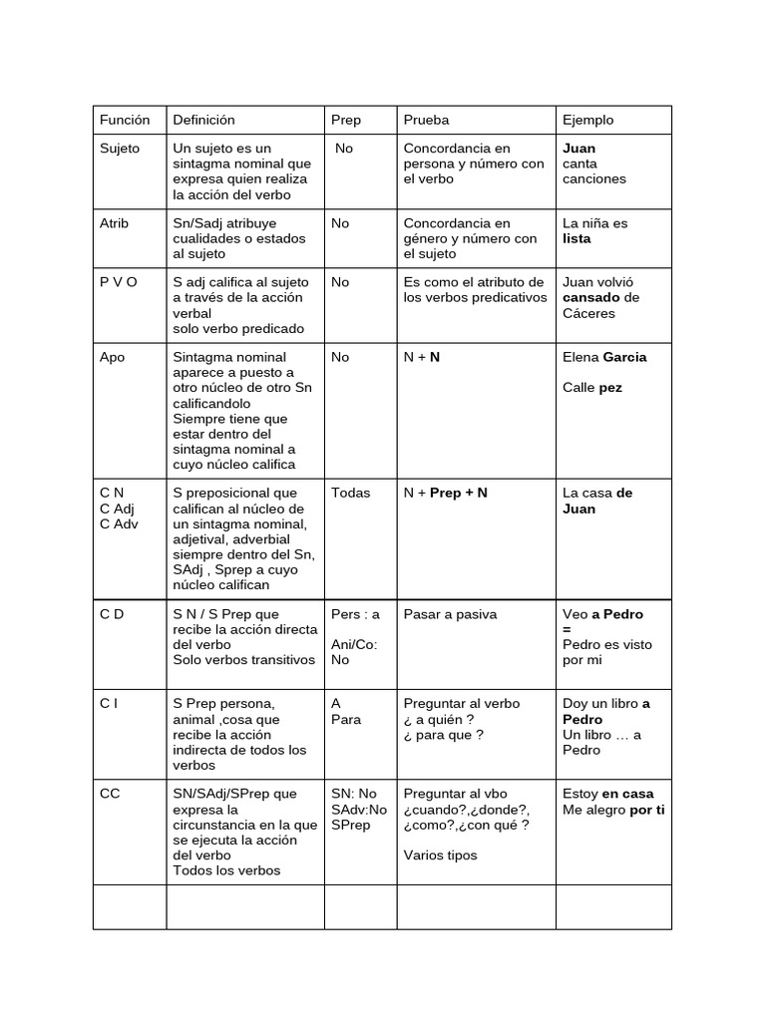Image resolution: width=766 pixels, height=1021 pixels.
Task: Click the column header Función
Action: tap(125, 120)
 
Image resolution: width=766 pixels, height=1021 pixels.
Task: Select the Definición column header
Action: tap(203, 120)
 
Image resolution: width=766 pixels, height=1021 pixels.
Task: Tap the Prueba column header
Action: tap(426, 120)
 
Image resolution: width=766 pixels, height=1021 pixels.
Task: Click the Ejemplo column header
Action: tap(588, 120)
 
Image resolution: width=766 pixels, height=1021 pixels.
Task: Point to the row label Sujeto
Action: tap(120, 149)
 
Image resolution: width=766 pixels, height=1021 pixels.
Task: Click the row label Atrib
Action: tap(115, 223)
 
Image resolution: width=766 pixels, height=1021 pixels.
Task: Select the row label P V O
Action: tap(119, 282)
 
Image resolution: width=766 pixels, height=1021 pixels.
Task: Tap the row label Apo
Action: tap(113, 357)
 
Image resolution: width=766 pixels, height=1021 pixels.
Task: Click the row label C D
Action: tap(112, 614)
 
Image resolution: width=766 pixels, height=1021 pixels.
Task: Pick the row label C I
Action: tap(109, 704)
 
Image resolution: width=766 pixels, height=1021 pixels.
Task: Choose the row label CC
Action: tap(110, 794)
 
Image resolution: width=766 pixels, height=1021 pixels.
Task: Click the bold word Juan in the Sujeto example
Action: tap(579, 149)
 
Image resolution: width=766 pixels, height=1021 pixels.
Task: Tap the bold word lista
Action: tap(576, 239)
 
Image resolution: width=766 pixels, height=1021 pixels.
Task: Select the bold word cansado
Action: tap(591, 298)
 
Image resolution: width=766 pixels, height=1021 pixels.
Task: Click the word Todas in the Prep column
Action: tap(350, 493)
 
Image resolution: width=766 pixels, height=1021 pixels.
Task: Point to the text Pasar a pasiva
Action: tap(450, 614)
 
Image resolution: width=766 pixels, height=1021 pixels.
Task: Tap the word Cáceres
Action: tap(588, 313)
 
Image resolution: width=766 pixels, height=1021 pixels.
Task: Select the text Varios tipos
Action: tap(440, 854)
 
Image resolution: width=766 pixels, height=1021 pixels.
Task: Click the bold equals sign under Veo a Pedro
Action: tap(567, 630)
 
